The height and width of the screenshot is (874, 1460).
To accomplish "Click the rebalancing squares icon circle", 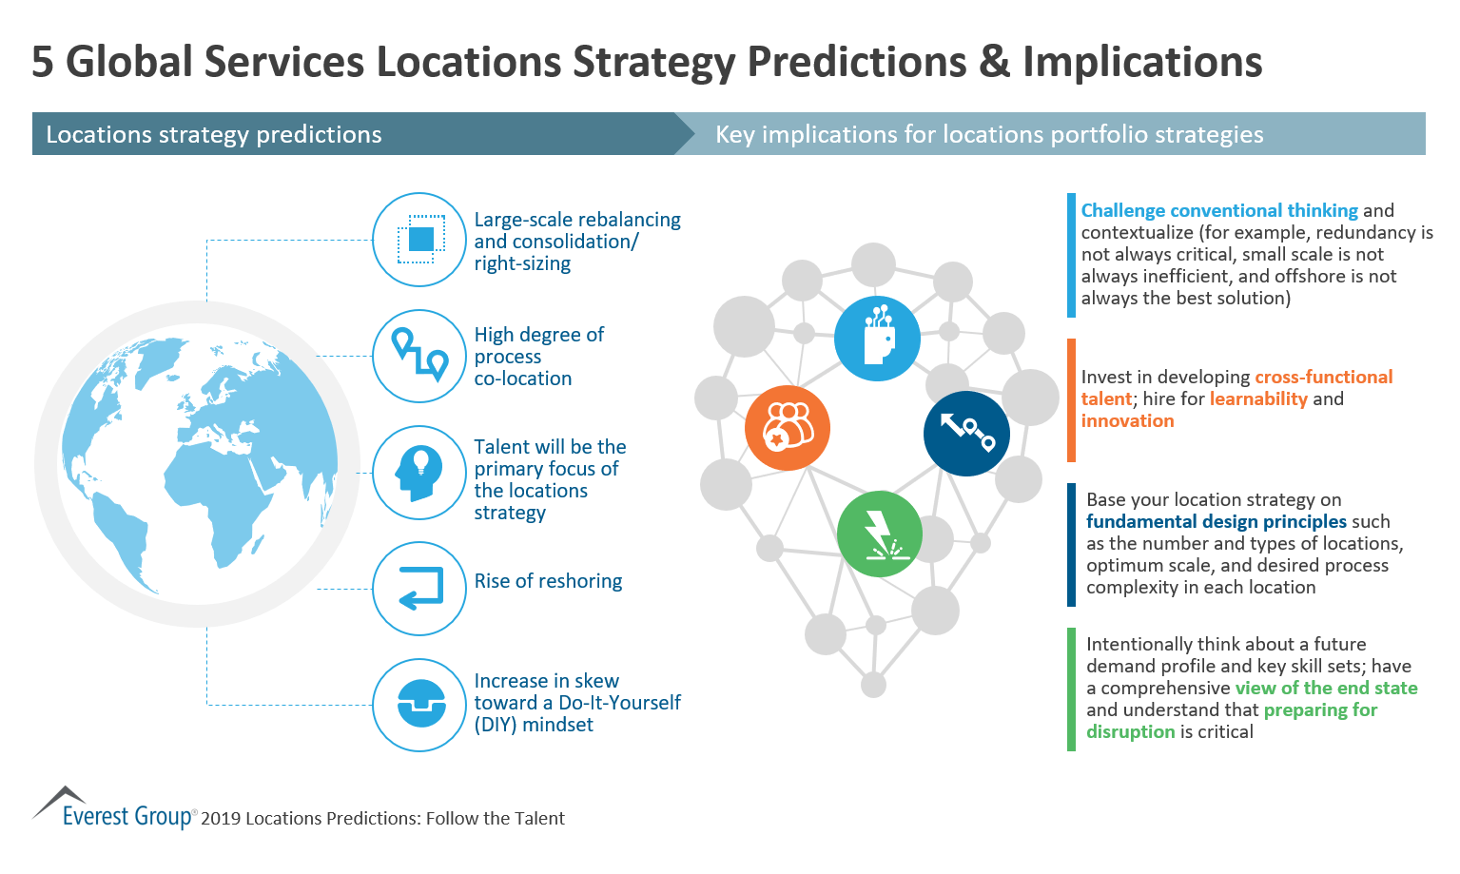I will [419, 240].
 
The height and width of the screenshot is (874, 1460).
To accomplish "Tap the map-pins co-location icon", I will [419, 356].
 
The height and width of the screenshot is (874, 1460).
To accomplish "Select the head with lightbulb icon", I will [419, 472].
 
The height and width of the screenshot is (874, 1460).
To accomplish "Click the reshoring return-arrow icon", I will [419, 588].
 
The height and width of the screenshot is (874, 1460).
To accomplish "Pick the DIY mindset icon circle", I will [419, 705].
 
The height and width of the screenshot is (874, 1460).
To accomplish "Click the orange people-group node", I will [788, 428].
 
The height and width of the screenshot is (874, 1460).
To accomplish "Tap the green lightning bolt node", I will [879, 534].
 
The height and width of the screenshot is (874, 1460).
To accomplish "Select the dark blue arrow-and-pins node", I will [966, 433].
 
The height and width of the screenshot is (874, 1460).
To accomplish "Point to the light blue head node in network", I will [877, 338].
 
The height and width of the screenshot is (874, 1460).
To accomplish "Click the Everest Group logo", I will [114, 809].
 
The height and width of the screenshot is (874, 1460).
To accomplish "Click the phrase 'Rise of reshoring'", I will [548, 581].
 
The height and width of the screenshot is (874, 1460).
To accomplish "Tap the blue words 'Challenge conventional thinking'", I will [1218, 211].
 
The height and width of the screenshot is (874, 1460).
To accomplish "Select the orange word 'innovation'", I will [1127, 421].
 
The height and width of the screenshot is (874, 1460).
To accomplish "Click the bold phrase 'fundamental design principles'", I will [1216, 521].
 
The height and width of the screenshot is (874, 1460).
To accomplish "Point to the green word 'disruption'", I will [1130, 731].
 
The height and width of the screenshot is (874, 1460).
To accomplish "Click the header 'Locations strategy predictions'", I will [214, 134].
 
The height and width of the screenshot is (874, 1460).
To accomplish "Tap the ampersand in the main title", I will [994, 62].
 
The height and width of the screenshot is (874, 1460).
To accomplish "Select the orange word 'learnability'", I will [1257, 399].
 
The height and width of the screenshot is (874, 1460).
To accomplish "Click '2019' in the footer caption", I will [221, 819].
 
